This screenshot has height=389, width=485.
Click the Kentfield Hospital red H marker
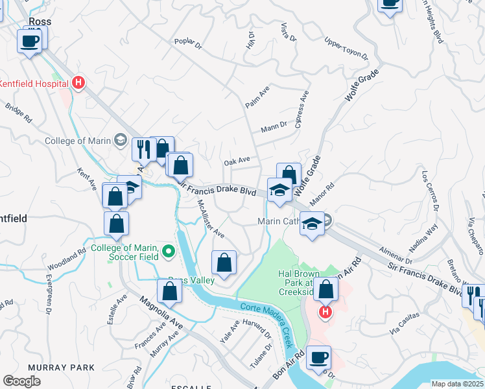[x=78, y=82]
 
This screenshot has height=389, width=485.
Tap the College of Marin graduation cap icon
[x=120, y=140]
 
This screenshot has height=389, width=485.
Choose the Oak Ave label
[x=237, y=161]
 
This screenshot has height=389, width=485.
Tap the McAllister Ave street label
[x=211, y=218]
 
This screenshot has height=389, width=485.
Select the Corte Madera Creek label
[x=267, y=316]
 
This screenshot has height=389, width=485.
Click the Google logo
[x=22, y=381]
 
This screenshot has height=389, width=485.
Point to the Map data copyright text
[x=457, y=384]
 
